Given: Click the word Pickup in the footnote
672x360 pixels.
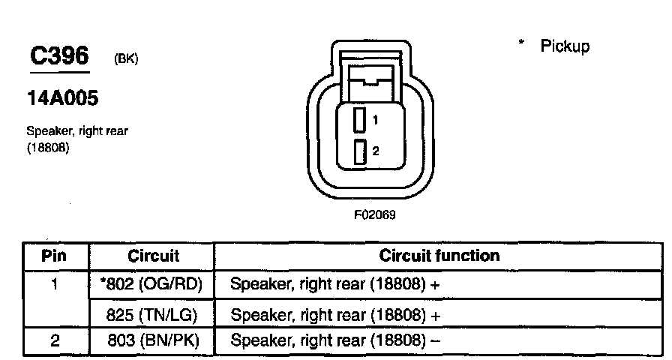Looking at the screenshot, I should click(x=565, y=46).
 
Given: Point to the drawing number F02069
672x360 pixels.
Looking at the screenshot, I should click(x=375, y=214).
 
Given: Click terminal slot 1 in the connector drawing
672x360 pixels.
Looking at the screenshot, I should click(x=361, y=120).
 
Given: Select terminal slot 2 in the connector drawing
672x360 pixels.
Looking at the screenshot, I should click(x=361, y=151).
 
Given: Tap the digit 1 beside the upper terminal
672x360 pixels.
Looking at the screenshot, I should click(x=375, y=120).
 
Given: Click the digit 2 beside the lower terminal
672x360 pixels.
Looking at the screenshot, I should click(x=375, y=151).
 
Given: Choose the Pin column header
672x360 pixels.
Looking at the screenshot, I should click(x=54, y=256).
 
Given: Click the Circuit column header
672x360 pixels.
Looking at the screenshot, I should click(x=153, y=256).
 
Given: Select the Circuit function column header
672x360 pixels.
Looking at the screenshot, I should click(x=439, y=256).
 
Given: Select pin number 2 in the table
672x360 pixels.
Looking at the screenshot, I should click(x=54, y=341).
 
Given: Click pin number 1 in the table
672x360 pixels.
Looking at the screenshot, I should click(x=54, y=285).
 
